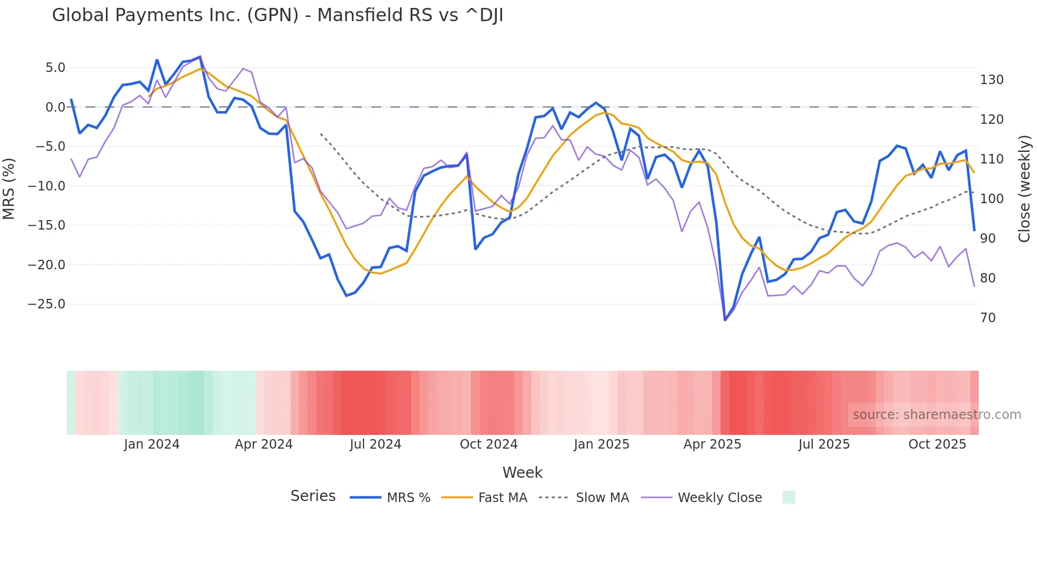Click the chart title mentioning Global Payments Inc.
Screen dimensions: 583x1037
click(x=277, y=15)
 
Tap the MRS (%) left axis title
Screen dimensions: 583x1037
click(x=9, y=188)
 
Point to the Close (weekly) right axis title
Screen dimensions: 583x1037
click(x=1024, y=188)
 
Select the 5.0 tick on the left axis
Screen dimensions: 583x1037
click(x=55, y=68)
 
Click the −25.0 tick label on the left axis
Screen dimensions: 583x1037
click(x=47, y=304)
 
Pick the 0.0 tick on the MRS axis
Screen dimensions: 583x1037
click(x=55, y=107)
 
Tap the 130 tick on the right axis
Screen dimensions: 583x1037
click(x=991, y=80)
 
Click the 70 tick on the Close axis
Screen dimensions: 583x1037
click(x=988, y=318)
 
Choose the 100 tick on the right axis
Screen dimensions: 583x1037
click(x=991, y=199)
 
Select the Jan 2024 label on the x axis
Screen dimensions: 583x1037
click(x=152, y=444)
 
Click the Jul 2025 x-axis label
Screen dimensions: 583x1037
click(x=824, y=444)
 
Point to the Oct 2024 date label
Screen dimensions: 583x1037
click(x=488, y=444)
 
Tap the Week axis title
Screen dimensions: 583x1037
click(x=522, y=472)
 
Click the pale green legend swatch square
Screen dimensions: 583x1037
click(x=788, y=497)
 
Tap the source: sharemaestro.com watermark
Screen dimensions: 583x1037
click(x=936, y=415)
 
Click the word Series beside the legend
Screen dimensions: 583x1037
click(x=313, y=496)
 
